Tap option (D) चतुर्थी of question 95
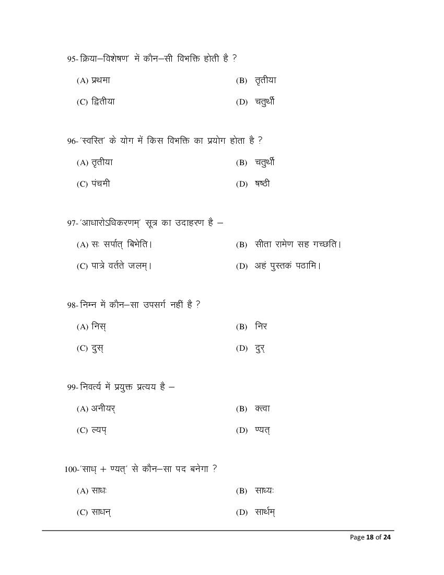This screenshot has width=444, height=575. pyautogui.click(x=264, y=101)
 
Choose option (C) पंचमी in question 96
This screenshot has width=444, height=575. pyautogui.click(x=100, y=184)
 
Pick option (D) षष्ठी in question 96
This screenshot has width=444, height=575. pyautogui.click(x=262, y=184)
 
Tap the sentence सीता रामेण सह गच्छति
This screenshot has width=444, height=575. pyautogui.click(x=298, y=244)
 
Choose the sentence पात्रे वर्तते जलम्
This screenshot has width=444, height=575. pyautogui.click(x=122, y=266)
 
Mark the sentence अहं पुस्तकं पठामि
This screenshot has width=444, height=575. pyautogui.click(x=288, y=266)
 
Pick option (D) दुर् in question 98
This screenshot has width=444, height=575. pyautogui.click(x=260, y=348)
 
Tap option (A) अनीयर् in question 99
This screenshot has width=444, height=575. pyautogui.click(x=103, y=409)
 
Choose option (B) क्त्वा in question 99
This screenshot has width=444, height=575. pyautogui.click(x=262, y=409)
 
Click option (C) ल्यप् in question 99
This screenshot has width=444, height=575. pyautogui.click(x=99, y=430)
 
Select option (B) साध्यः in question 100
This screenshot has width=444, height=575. pyautogui.click(x=265, y=491)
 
